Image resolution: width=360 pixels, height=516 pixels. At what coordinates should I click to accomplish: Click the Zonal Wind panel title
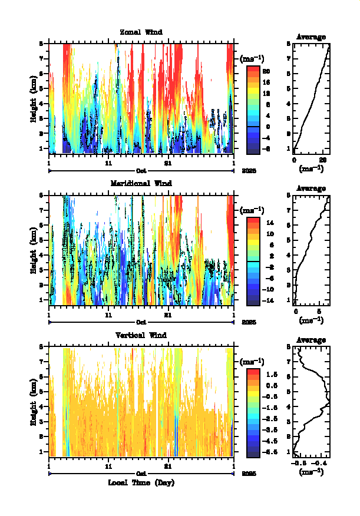[141, 32]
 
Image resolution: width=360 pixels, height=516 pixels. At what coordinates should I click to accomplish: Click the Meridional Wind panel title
[141, 183]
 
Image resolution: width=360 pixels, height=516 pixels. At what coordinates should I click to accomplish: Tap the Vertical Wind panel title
[141, 335]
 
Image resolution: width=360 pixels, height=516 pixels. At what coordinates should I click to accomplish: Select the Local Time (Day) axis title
[141, 482]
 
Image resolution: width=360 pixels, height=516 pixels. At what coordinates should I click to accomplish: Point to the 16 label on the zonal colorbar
[266, 82]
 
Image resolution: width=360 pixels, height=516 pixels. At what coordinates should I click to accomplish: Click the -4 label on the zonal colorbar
[266, 137]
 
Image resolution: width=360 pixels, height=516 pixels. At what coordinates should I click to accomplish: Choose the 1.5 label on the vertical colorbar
[267, 374]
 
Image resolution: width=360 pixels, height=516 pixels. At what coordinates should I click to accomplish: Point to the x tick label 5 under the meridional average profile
[319, 311]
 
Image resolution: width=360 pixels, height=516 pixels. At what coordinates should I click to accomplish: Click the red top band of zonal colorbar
[253, 69]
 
